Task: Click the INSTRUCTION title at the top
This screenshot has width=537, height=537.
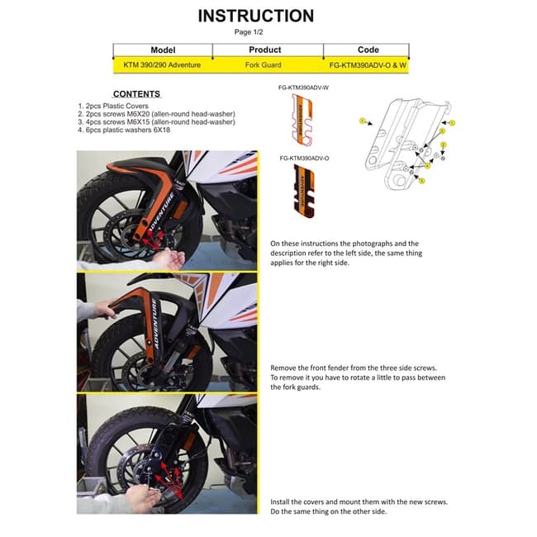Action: (256, 16)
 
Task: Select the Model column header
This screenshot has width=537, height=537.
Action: (163, 50)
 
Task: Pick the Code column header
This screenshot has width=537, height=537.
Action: (368, 50)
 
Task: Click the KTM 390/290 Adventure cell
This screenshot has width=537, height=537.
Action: (163, 63)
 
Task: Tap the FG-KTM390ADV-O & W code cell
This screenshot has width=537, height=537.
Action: (368, 63)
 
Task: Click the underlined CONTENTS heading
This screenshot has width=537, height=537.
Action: (136, 94)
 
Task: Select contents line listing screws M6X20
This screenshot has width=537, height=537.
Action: (154, 114)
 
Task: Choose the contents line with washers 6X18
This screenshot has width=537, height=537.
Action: (128, 129)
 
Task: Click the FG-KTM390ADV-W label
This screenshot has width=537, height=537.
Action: (303, 87)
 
